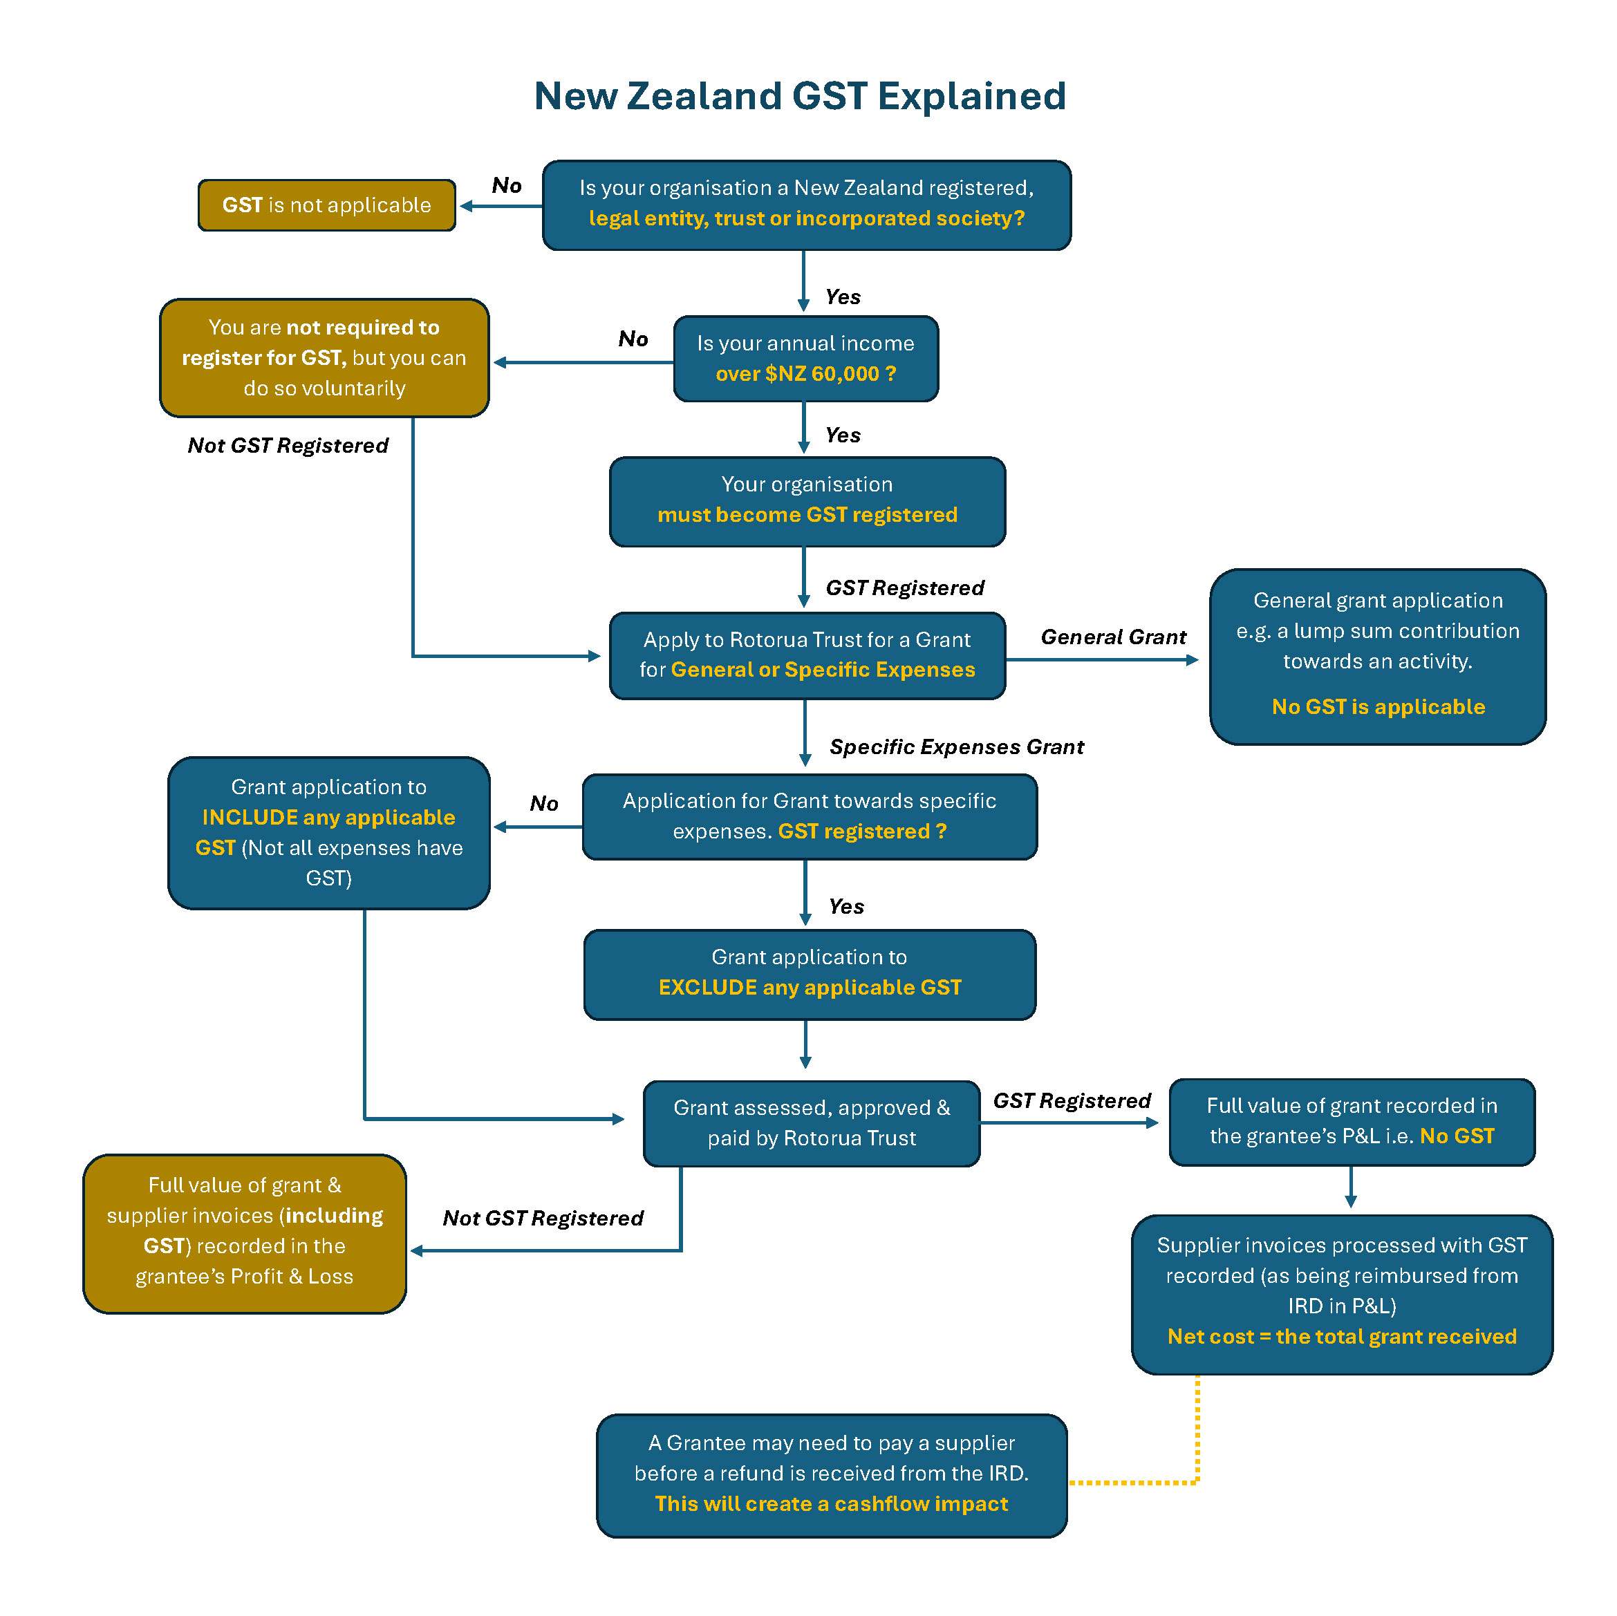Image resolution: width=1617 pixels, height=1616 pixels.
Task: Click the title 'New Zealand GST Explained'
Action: coord(799,96)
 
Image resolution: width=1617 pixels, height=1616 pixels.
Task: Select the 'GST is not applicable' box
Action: coord(326,205)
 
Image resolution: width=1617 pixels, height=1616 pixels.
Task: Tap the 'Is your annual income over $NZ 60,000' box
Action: coord(805,358)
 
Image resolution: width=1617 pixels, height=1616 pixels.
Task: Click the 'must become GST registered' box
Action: coord(807,501)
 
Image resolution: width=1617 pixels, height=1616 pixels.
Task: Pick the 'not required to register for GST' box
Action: coord(324,357)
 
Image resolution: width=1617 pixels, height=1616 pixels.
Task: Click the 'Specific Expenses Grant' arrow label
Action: coord(957,746)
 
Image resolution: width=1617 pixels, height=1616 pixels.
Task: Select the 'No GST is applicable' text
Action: coord(1378,706)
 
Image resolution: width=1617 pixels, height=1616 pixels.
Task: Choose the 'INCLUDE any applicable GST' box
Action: coord(329,833)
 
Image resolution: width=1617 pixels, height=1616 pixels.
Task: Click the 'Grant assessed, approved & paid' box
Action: coord(811,1123)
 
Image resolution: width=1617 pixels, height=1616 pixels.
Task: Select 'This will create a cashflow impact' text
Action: coord(831,1503)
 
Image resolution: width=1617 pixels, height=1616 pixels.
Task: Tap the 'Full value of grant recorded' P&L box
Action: coord(1352,1121)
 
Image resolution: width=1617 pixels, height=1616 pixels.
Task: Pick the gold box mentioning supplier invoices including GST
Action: coord(245,1234)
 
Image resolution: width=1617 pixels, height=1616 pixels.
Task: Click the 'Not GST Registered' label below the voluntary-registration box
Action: coord(288,445)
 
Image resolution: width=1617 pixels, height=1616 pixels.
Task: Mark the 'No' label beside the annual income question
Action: coord(633,339)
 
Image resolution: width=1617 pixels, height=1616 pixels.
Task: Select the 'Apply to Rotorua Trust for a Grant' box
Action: coord(807,655)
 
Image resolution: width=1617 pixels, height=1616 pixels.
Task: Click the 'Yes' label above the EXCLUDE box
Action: coord(846,906)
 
